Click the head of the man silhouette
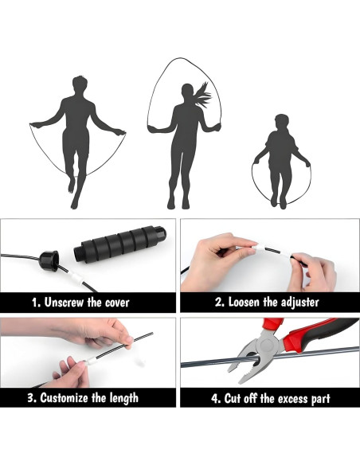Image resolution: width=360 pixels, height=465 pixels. tap(78, 84)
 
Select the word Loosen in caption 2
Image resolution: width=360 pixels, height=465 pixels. tap(247, 303)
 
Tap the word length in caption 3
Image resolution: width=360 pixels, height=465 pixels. tap(120, 398)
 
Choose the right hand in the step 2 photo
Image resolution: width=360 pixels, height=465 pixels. tap(315, 270)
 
